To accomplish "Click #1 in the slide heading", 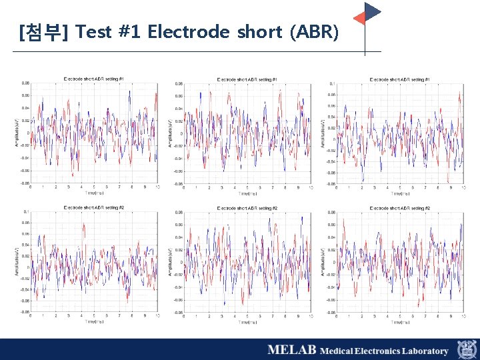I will (129, 31).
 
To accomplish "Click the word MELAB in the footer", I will (291, 350).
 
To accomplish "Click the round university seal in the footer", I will (466, 349).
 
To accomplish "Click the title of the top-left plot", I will (93, 79).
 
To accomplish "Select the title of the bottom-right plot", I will (399, 208).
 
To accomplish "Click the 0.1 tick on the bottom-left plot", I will (25, 212).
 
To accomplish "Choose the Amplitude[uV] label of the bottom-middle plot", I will (171, 262).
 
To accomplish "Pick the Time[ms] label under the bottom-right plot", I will (400, 322).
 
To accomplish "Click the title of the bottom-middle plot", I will (247, 208).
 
